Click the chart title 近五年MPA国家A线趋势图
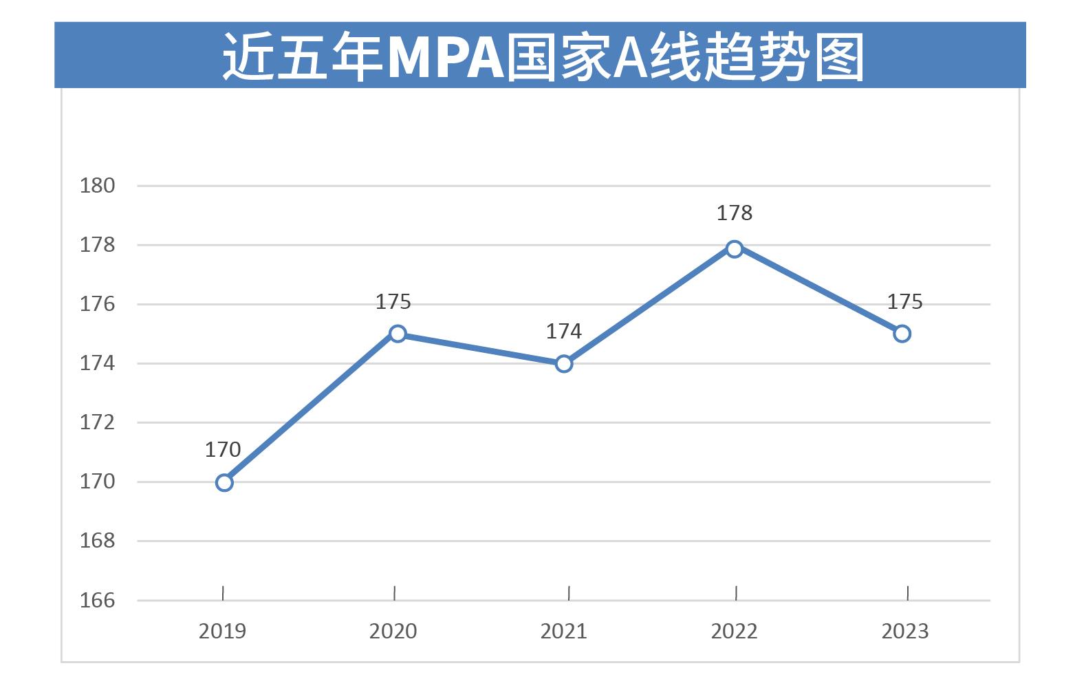[x=542, y=56]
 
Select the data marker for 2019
[x=224, y=482]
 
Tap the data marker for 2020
[x=398, y=334]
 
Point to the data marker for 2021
[x=564, y=363]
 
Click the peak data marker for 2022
[x=735, y=248]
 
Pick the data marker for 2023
[x=902, y=334]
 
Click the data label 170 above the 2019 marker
[x=223, y=450]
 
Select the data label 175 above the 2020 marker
[x=393, y=302]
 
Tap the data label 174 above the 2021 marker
[x=564, y=332]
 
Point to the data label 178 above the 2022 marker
[x=735, y=213]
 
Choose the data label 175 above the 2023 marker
[x=904, y=302]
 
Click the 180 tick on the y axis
[x=98, y=186]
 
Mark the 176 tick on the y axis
[x=98, y=304]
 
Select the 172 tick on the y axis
[x=98, y=422]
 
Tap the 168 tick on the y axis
[x=98, y=541]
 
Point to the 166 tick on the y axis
[x=98, y=601]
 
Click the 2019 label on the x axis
[x=222, y=632]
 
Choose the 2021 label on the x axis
[x=564, y=632]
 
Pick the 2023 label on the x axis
[x=905, y=632]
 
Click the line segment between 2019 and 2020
[x=311, y=408]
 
